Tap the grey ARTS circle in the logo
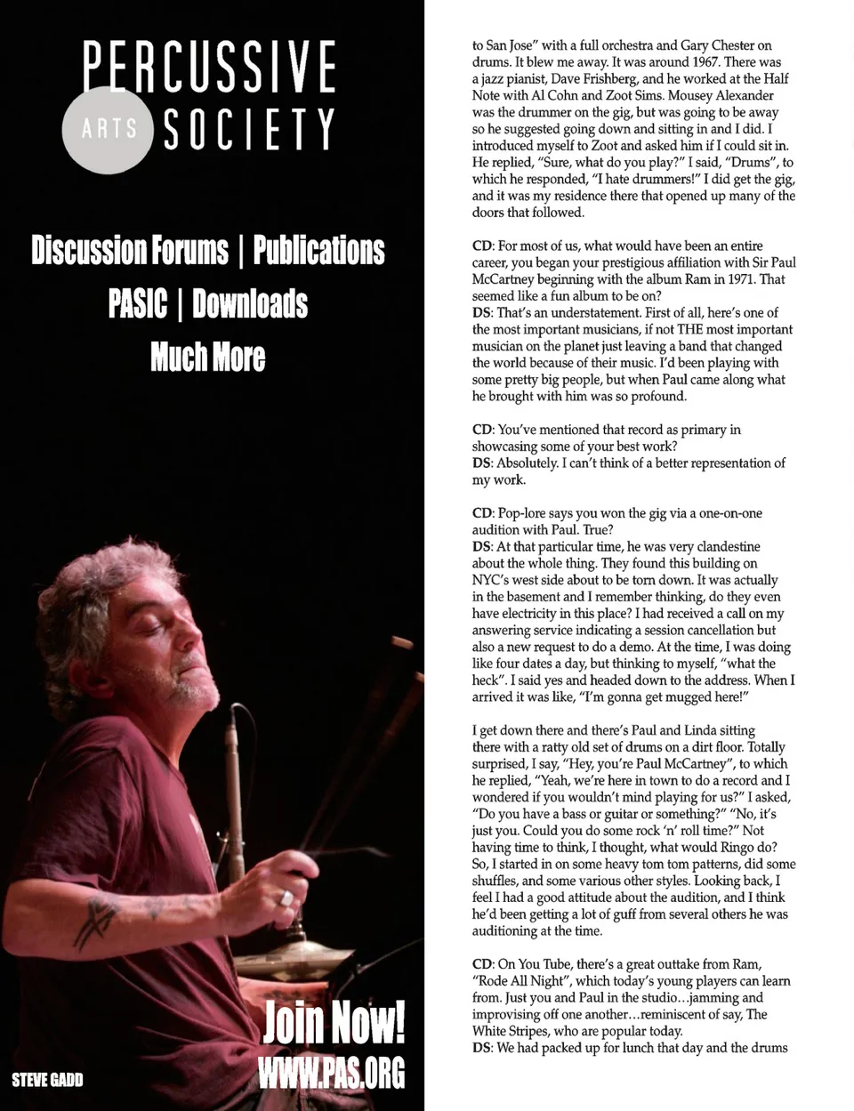[109, 130]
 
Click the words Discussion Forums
[130, 250]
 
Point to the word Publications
[318, 250]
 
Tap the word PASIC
[137, 303]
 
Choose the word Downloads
[250, 303]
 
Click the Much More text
[208, 357]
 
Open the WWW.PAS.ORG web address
[331, 1072]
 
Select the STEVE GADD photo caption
[47, 1080]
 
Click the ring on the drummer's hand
[286, 898]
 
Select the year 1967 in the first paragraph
[701, 62]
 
